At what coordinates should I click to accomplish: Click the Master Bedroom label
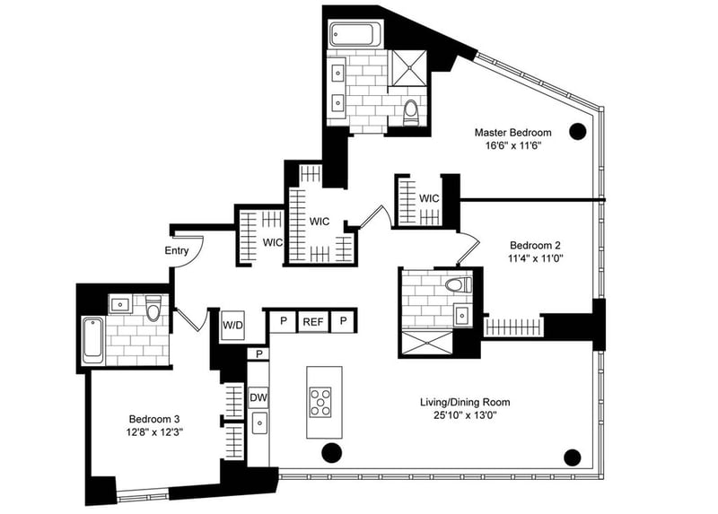512,133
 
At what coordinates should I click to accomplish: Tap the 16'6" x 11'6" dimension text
512,146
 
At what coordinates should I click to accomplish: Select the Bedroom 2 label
536,245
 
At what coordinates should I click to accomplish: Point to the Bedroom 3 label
155,419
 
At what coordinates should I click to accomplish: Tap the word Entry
177,250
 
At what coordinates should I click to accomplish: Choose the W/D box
233,325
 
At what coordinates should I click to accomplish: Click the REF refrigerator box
312,320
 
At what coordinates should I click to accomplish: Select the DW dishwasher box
258,396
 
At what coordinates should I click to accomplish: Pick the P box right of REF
344,320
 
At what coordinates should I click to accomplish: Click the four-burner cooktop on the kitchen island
320,402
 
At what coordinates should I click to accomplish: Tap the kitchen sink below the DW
258,423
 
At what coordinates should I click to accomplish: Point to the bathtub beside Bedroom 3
93,340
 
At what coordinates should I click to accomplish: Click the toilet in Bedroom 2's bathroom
457,285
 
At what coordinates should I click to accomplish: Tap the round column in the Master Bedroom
579,129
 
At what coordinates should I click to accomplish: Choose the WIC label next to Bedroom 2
428,197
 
